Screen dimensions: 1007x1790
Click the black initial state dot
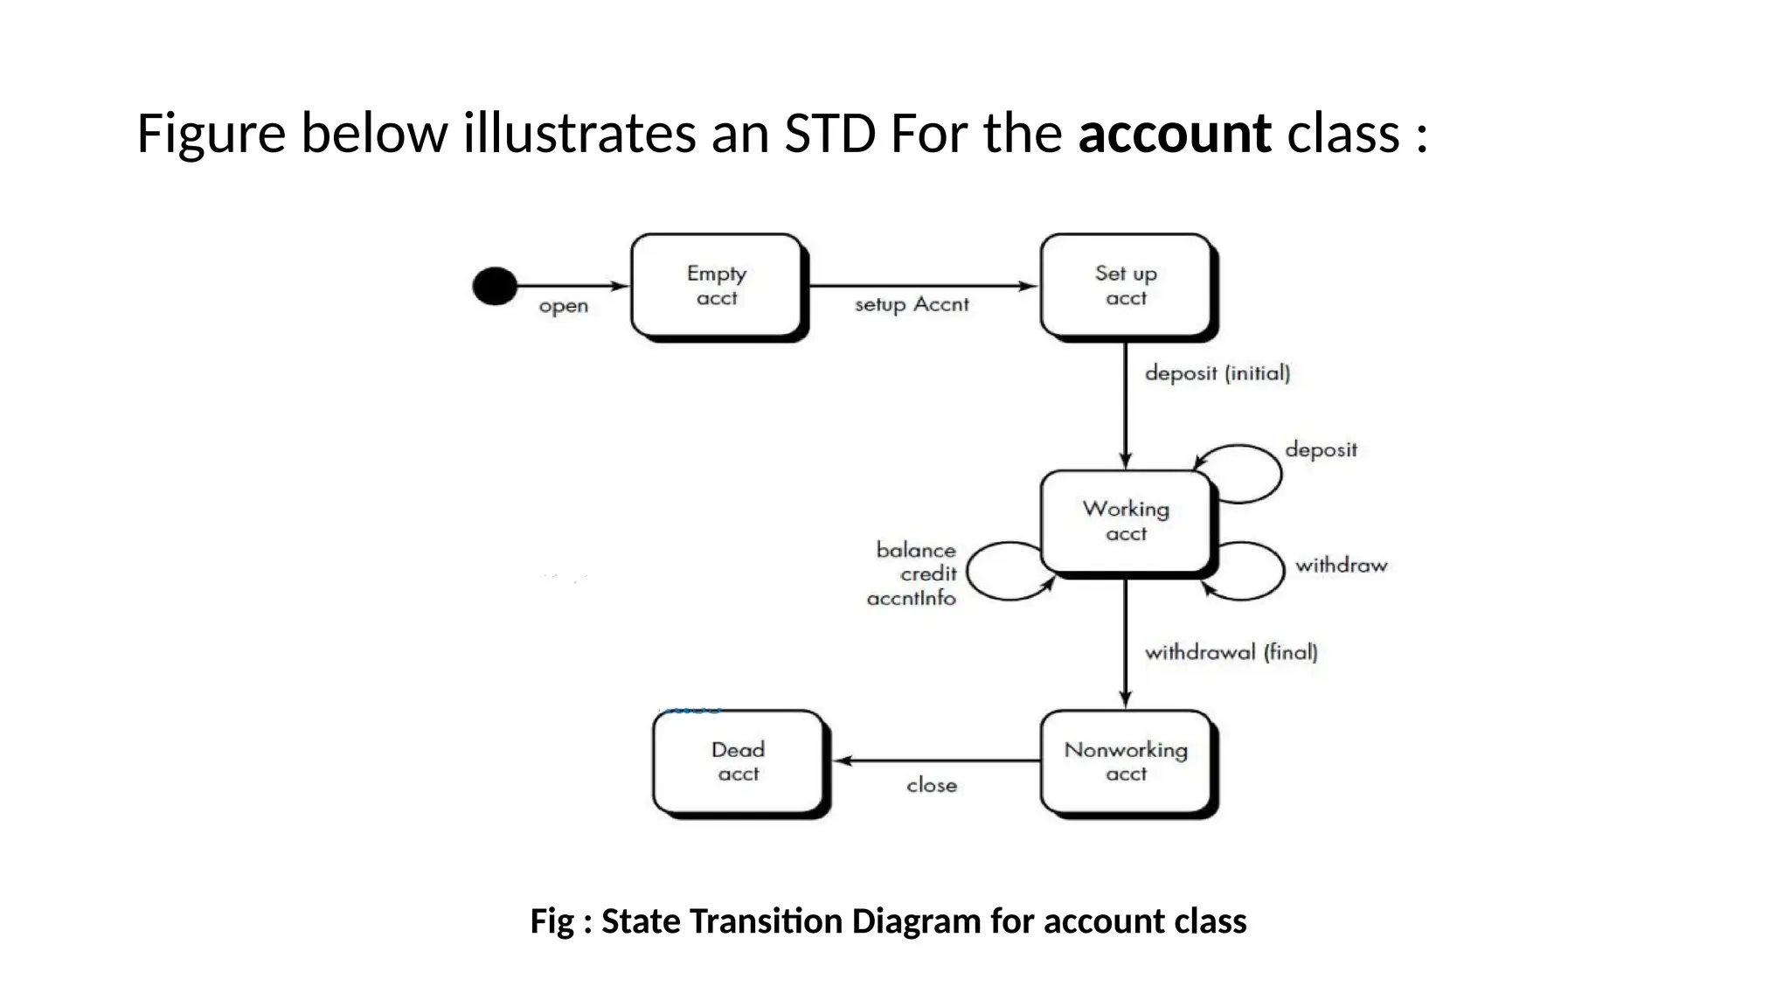495,286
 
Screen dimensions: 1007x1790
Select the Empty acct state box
716,286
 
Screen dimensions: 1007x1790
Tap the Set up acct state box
1126,286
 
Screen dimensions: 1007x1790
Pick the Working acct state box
1126,521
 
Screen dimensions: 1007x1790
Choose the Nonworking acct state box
1126,761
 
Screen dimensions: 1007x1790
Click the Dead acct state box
739,761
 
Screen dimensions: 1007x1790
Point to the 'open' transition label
563,307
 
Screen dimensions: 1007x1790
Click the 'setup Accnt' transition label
912,304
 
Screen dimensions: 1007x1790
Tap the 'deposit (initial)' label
1218,373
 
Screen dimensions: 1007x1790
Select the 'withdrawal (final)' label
1231,652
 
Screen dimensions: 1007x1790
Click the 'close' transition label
932,785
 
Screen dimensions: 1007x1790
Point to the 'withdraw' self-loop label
1341,566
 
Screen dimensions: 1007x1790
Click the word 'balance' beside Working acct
916,550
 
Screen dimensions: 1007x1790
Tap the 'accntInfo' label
912,599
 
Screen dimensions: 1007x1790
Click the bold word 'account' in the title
1174,134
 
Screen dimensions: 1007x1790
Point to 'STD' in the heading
829,134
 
